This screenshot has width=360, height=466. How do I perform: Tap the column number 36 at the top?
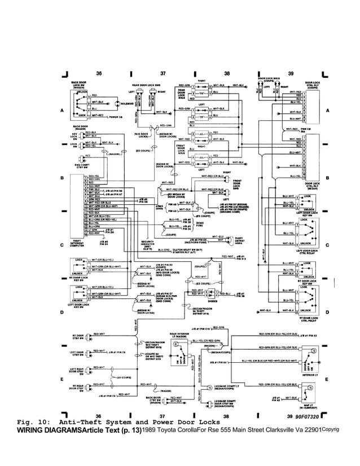pyautogui.click(x=99, y=74)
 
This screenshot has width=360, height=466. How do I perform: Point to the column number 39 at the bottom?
pyautogui.click(x=291, y=416)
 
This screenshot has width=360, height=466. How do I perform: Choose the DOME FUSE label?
pyautogui.click(x=200, y=223)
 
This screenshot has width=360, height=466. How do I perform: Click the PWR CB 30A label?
pyautogui.click(x=307, y=130)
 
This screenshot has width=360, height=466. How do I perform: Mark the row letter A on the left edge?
pyautogui.click(x=61, y=111)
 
